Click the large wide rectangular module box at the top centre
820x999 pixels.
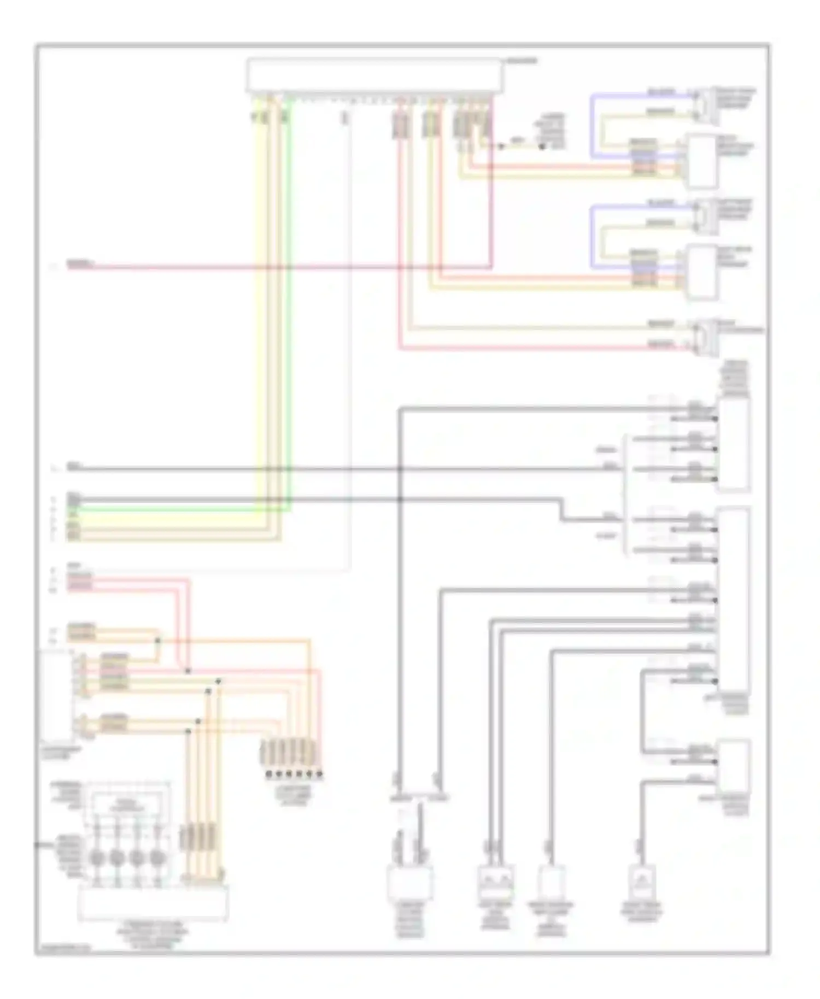(374, 74)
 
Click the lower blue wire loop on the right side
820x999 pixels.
(592, 236)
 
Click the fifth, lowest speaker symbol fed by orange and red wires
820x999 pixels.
(706, 337)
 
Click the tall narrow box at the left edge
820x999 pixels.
(56, 694)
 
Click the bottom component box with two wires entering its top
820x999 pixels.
(410, 883)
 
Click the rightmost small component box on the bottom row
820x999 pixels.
(642, 882)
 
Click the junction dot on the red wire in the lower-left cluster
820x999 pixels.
(188, 671)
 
